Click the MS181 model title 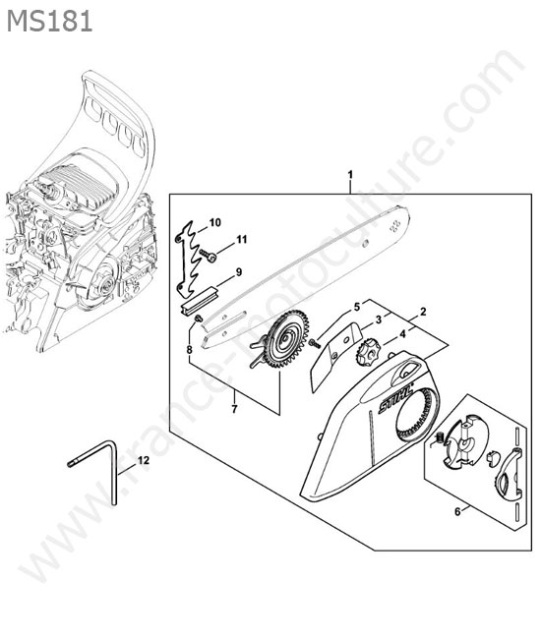(x=50, y=22)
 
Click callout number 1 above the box (x=350, y=175)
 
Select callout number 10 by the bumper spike (x=214, y=222)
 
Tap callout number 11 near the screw (x=242, y=239)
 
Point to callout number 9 (x=239, y=271)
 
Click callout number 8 (x=189, y=349)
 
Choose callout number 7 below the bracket (x=234, y=409)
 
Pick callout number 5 (x=357, y=307)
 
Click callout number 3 (x=379, y=319)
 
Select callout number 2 (x=423, y=313)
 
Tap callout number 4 (x=402, y=334)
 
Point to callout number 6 (x=457, y=511)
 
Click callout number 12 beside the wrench (x=144, y=460)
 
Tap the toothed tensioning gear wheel (x=286, y=339)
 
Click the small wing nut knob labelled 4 (x=369, y=352)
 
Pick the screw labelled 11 (x=208, y=256)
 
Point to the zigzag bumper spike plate (x=188, y=258)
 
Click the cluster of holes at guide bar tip (x=394, y=226)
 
